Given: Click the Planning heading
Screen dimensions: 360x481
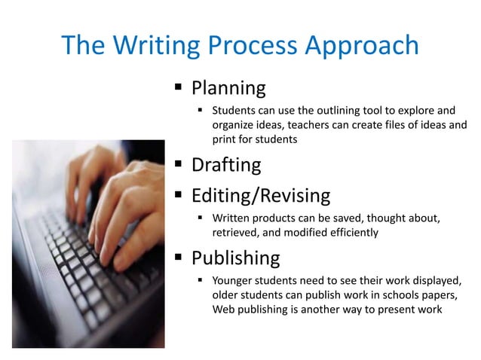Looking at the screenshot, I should [228, 89].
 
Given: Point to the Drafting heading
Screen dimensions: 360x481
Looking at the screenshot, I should [225, 165].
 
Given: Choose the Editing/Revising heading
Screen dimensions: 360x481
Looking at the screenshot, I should [260, 197].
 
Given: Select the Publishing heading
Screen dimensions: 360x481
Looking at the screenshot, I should [235, 259].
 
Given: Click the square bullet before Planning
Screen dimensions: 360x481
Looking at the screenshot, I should [179, 87].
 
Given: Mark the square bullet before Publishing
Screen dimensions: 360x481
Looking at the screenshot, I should [179, 258].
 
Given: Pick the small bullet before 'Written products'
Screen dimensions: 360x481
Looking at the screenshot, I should [201, 218].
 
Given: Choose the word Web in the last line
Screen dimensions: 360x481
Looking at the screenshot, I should [224, 310].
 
